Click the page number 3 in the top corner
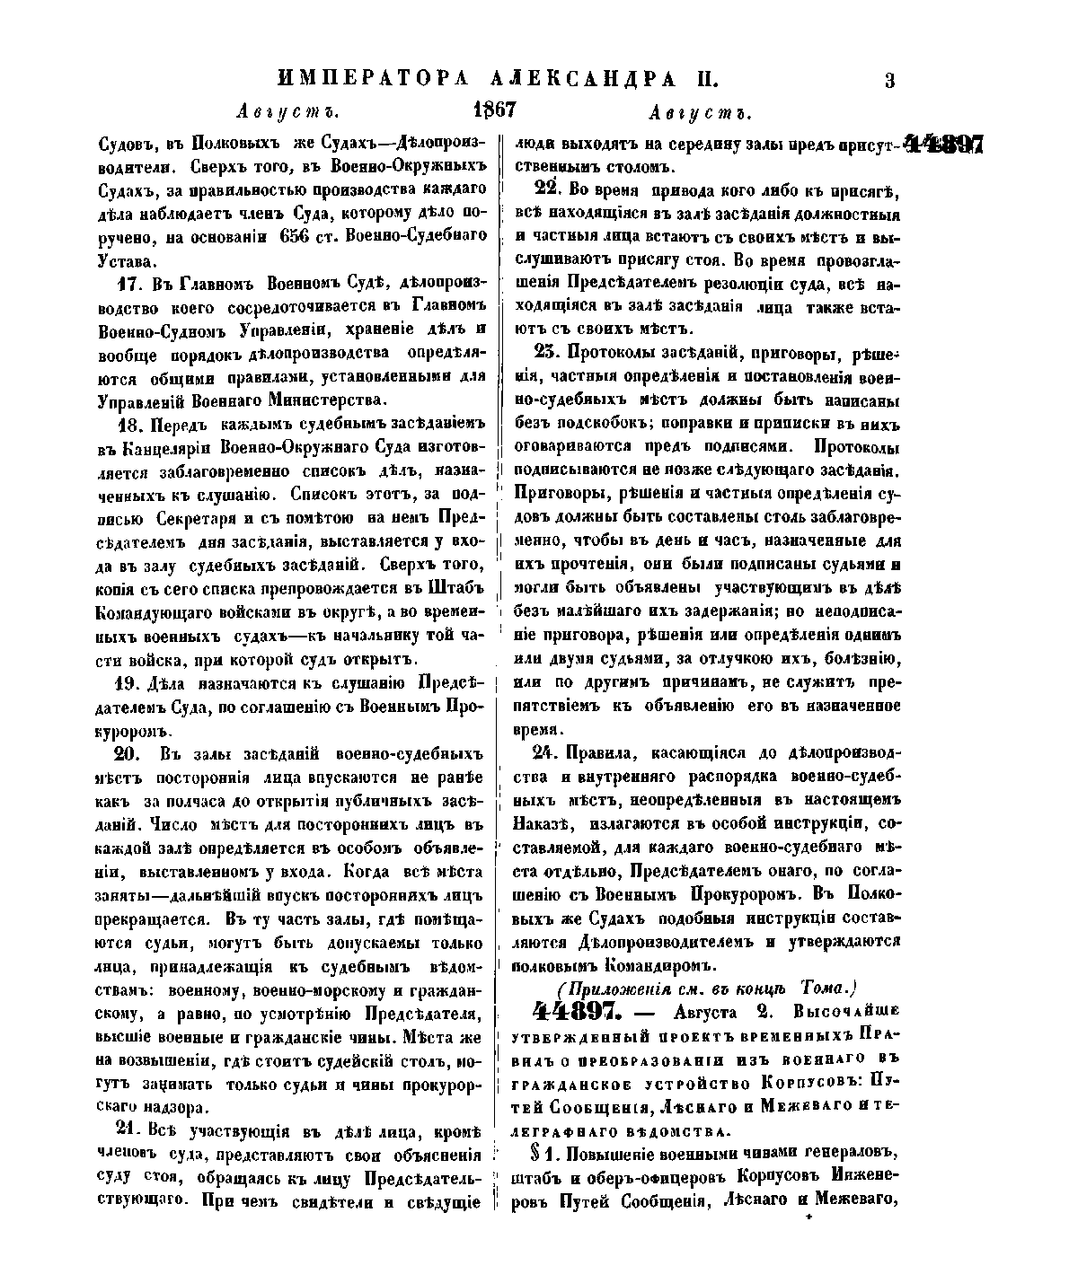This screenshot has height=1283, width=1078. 889,81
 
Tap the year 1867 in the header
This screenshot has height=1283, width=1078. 493,110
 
